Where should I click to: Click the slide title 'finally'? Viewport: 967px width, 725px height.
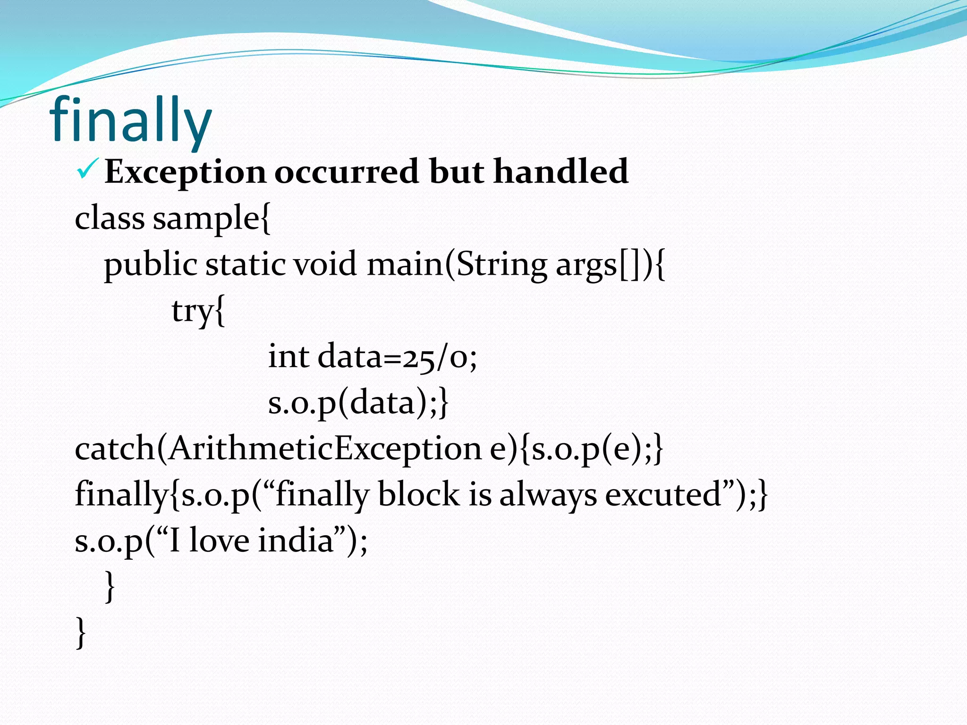pos(130,120)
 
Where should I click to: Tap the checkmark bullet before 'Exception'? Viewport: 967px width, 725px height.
pos(87,170)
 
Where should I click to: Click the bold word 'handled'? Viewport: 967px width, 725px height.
pos(561,171)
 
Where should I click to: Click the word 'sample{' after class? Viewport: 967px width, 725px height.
pos(212,219)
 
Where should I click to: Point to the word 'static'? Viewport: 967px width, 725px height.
pos(245,264)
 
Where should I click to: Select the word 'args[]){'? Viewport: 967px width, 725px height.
pos(610,265)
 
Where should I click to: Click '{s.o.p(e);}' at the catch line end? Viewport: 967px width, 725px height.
pos(592,448)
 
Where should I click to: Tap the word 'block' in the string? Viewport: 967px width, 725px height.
pos(418,494)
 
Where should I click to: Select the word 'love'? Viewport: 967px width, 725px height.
pos(219,540)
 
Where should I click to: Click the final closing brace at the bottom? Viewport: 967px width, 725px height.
pos(81,632)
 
